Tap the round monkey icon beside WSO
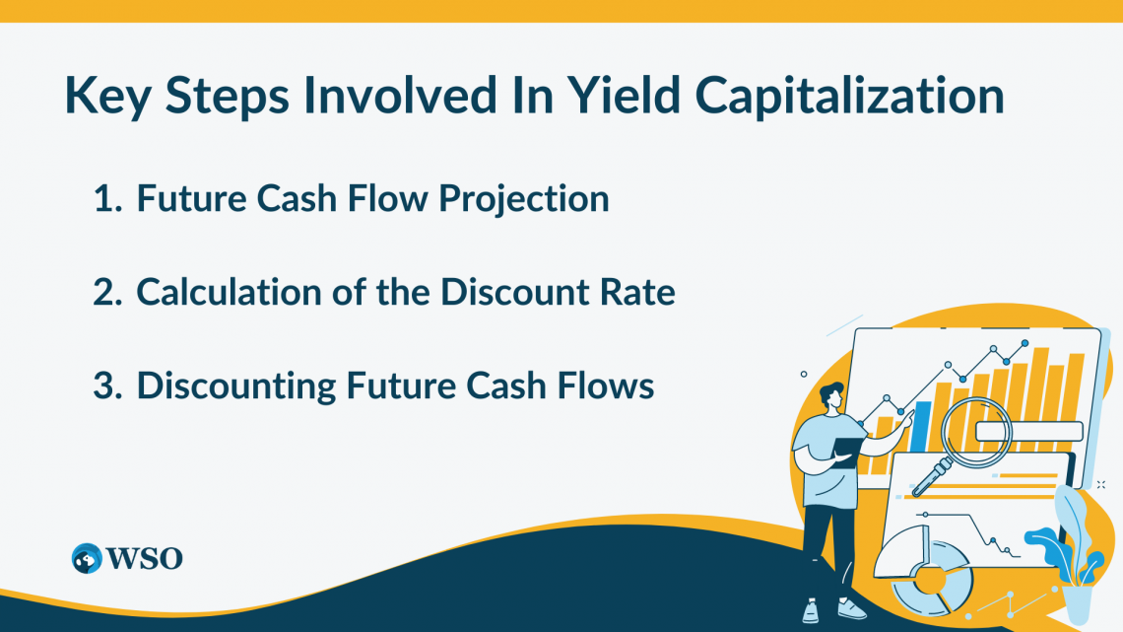pyautogui.click(x=88, y=558)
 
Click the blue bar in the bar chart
pyautogui.click(x=922, y=424)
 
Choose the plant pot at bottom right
pyautogui.click(x=1078, y=602)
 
